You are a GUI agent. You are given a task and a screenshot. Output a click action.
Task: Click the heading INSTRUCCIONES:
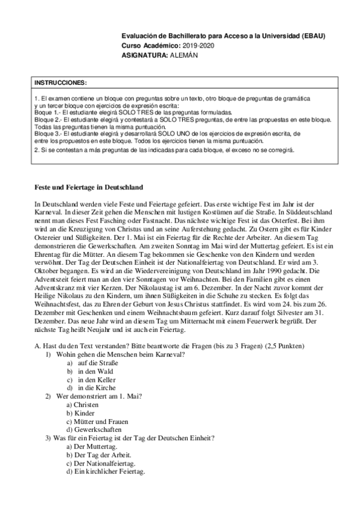61,81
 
